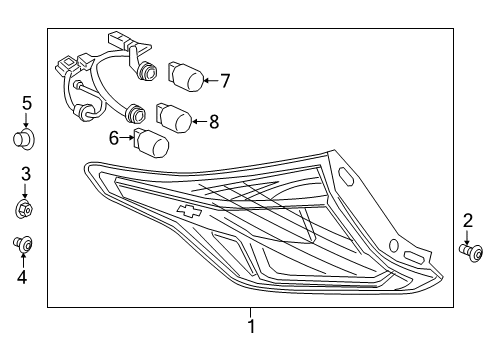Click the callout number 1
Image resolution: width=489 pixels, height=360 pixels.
pos(251,325)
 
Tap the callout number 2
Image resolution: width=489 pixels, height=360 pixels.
pos(467,220)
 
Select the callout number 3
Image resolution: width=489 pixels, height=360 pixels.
pos(27,175)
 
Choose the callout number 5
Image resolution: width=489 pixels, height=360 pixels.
pos(27,102)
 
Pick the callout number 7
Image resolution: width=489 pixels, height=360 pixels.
pos(225,79)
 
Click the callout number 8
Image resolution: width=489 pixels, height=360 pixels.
pos(212,122)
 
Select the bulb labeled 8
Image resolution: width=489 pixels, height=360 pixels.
pos(174,119)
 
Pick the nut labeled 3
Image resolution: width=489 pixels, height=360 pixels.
pos(27,210)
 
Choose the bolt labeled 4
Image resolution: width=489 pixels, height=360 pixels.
pos(26,243)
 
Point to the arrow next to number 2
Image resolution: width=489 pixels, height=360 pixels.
pos(467,236)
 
